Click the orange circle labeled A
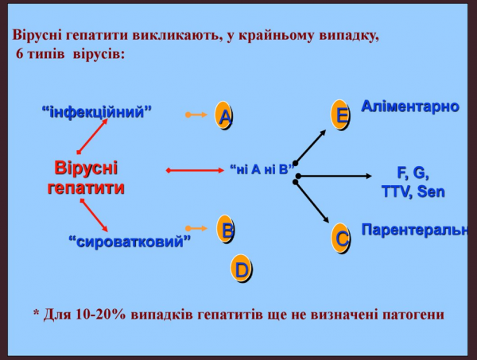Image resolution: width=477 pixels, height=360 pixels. (x=226, y=116)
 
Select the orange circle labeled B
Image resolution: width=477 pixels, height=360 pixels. (x=227, y=230)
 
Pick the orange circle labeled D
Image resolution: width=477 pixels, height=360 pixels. (x=242, y=269)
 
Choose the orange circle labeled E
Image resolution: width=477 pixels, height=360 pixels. (x=340, y=114)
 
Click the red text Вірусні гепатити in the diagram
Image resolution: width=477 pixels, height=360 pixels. (x=86, y=179)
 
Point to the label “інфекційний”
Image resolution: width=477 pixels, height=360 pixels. (x=96, y=112)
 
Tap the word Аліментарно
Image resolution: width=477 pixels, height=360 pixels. (x=409, y=106)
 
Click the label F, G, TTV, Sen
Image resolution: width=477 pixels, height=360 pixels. (x=413, y=182)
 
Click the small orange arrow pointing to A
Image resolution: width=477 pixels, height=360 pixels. (x=196, y=115)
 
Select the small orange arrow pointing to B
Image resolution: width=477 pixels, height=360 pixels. (x=196, y=229)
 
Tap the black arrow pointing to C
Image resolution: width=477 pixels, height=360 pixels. (x=312, y=203)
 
